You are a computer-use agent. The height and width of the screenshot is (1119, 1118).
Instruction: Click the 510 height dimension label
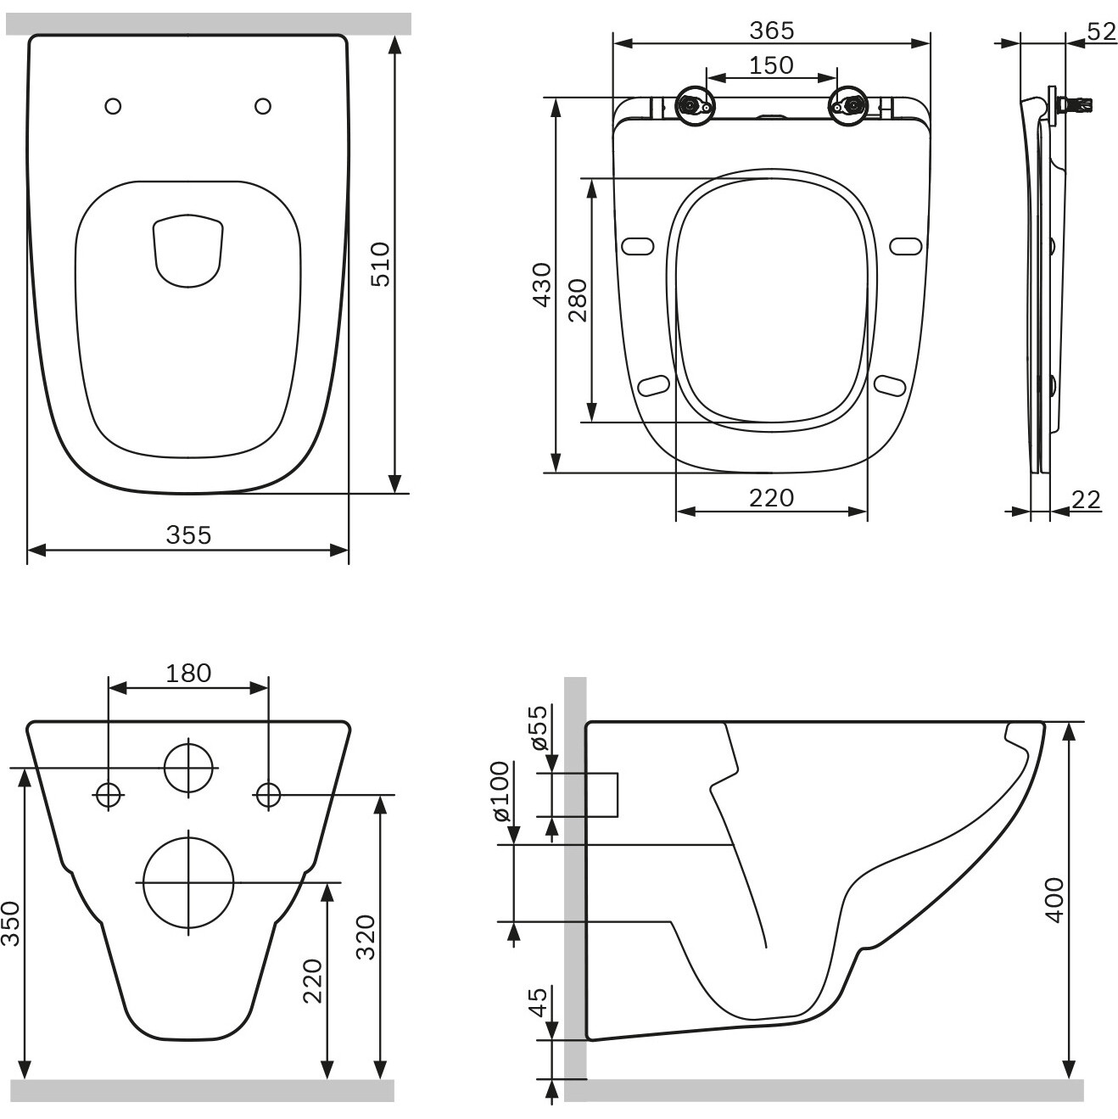point(381,265)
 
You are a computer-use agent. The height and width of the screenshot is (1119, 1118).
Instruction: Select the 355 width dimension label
point(189,534)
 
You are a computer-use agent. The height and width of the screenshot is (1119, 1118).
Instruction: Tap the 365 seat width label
point(771,31)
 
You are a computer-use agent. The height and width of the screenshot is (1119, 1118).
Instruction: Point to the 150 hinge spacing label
point(771,65)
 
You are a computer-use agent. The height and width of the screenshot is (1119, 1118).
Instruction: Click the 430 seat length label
point(542,284)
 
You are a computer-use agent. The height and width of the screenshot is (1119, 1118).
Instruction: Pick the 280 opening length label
point(578,300)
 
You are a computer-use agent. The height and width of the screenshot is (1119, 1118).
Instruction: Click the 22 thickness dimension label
point(1086,500)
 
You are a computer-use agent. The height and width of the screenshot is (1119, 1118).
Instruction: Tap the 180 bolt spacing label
point(188,674)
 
